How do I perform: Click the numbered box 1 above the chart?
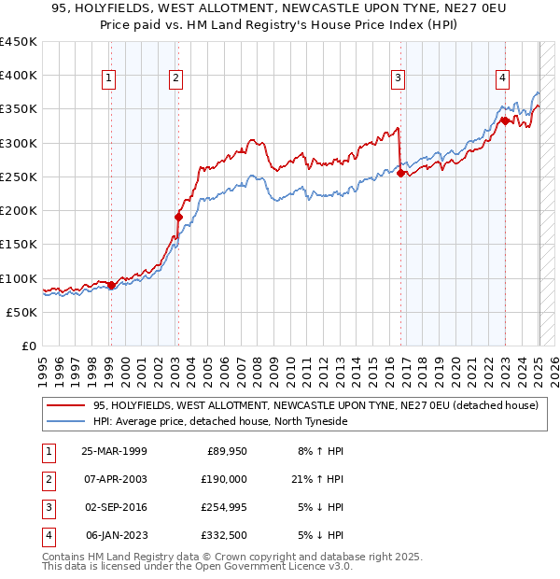tap(110, 78)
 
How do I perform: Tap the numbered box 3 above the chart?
tap(399, 78)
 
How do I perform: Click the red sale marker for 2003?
tap(177, 217)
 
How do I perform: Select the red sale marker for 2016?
tap(400, 173)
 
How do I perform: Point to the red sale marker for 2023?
tap(504, 120)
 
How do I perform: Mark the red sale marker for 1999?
tap(111, 285)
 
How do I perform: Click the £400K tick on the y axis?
tap(19, 76)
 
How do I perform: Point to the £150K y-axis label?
tap(19, 245)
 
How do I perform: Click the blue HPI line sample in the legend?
tap(66, 422)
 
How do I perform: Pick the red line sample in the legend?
tap(66, 406)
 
